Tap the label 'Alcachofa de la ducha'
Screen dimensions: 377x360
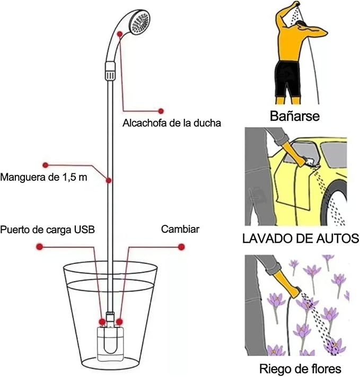[x=171, y=123]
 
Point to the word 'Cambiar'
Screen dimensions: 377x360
[x=180, y=230]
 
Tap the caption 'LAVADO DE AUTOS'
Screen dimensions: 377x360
[x=300, y=238]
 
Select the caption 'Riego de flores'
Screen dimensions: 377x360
[x=300, y=368]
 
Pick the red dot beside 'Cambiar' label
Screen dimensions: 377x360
[x=181, y=247]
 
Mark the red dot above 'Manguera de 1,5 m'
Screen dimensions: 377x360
[x=46, y=164]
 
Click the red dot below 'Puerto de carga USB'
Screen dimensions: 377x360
[x=39, y=247]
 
